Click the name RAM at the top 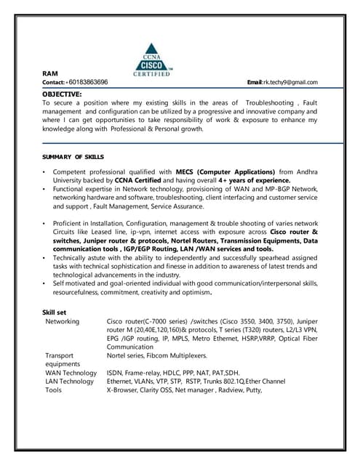(49, 74)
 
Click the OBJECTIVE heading (62, 94)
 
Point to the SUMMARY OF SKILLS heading (73, 157)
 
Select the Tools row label (53, 390)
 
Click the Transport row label (60, 355)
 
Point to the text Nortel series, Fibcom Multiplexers (156, 355)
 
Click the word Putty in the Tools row (253, 390)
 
